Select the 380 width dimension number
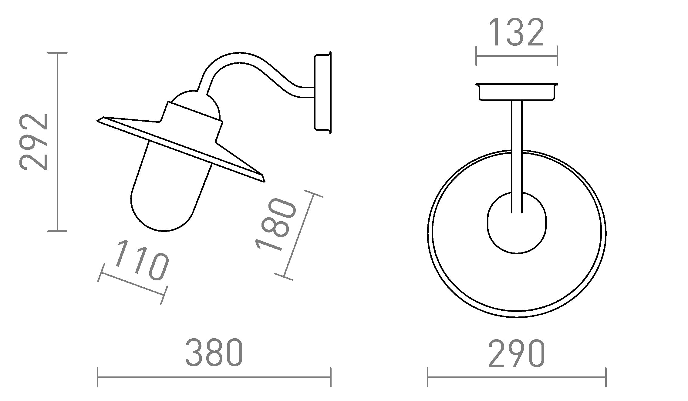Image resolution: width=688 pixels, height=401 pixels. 214,352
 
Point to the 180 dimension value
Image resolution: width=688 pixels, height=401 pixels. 275,225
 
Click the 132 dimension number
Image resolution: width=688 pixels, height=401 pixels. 517,32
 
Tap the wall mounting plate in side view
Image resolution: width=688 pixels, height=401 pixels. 322,92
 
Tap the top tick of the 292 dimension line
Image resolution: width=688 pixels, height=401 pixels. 58,53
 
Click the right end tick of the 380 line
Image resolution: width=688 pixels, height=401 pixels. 330,377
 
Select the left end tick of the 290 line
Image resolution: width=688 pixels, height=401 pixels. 428,377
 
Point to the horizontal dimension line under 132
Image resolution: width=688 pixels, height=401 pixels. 517,56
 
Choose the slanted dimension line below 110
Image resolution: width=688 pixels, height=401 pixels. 132,284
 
